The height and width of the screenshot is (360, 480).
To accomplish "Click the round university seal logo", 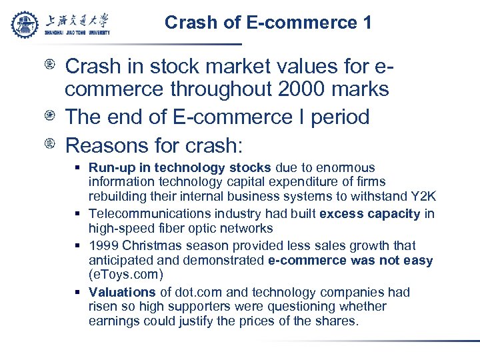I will (25, 24).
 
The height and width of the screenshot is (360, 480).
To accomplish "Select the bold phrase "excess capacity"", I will (370, 214).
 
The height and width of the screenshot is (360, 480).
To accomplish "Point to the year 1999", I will (103, 245).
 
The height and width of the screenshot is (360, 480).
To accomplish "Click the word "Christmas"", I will (149, 245).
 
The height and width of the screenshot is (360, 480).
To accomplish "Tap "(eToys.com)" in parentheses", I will (125, 275).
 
